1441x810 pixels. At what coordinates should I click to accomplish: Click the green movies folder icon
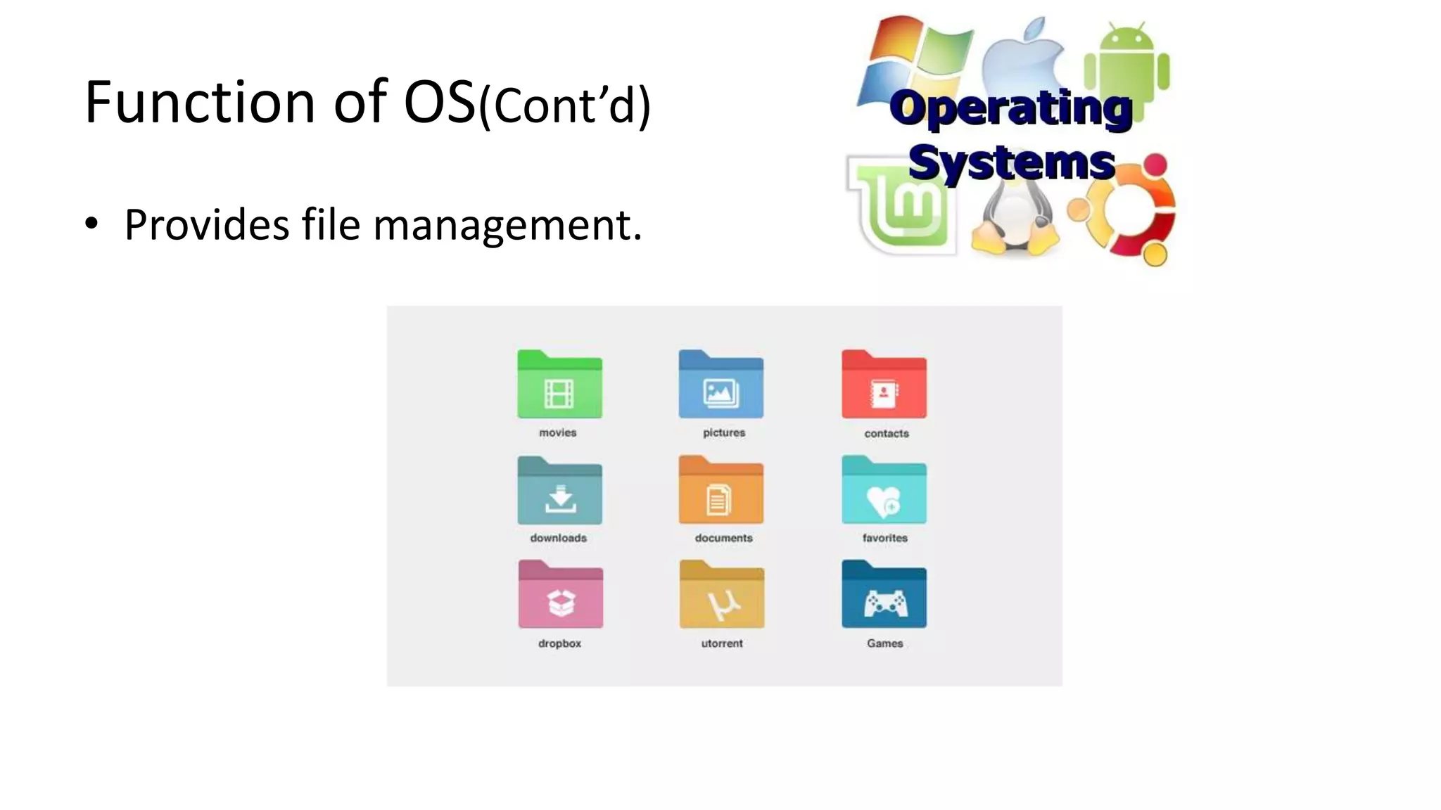[559, 385]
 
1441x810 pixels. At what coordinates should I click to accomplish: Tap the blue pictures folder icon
[720, 385]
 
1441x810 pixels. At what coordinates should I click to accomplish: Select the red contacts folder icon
[884, 385]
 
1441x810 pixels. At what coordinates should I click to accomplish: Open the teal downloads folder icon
[559, 491]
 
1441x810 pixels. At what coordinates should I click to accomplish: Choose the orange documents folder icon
[720, 491]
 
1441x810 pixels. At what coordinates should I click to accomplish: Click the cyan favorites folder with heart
[884, 491]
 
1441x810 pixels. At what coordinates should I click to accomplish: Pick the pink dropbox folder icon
[560, 596]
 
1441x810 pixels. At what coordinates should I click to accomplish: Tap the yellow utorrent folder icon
[721, 596]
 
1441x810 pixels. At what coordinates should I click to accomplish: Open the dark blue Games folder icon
[884, 596]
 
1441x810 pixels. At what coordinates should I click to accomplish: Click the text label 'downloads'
[558, 538]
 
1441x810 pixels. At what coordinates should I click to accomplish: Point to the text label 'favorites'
[884, 538]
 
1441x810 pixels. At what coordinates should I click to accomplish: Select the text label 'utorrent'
[721, 643]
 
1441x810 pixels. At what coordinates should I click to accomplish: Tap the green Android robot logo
[1126, 63]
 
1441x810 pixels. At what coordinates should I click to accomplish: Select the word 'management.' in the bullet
[507, 225]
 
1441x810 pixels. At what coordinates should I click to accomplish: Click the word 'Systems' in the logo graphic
[1011, 163]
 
